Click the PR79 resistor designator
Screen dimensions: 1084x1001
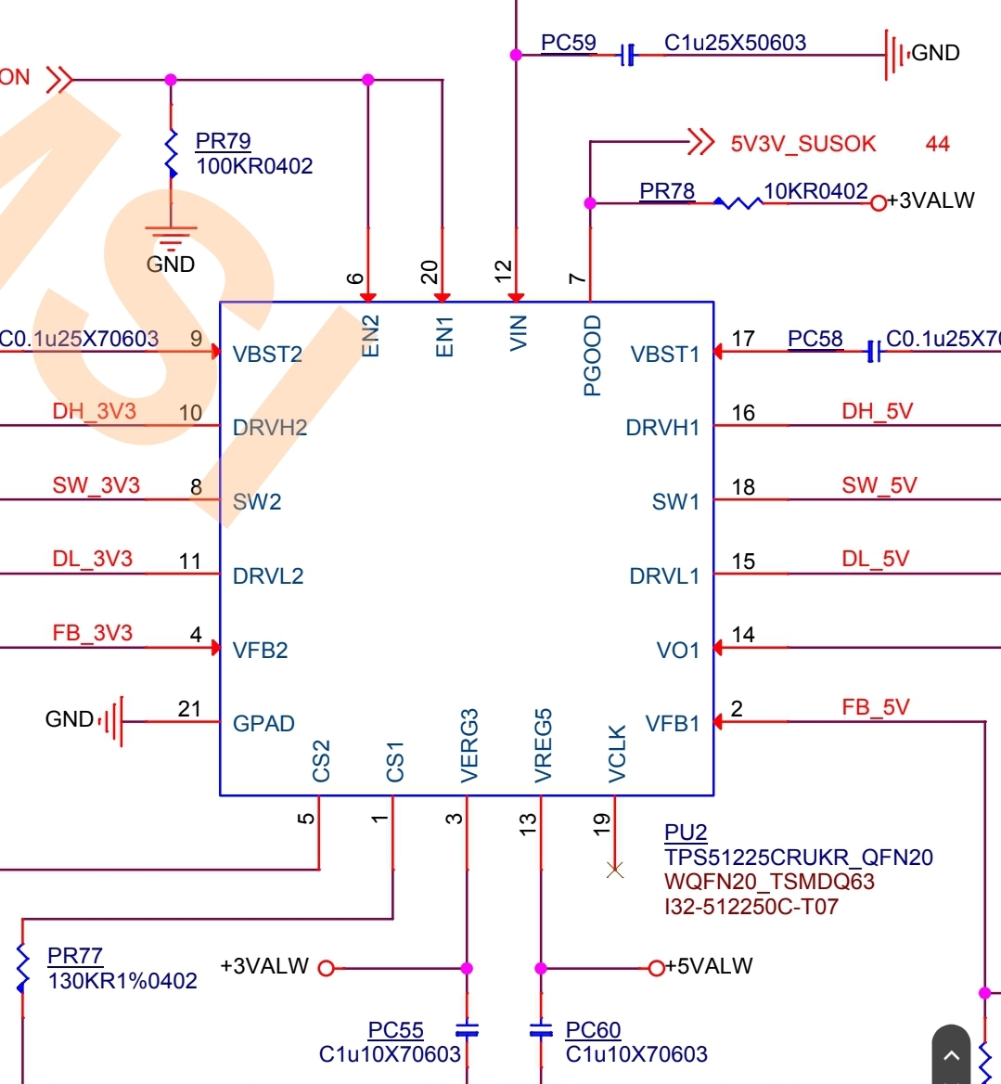tap(223, 141)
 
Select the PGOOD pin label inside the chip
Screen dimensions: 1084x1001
tap(592, 355)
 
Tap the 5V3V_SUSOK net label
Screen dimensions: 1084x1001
tap(802, 144)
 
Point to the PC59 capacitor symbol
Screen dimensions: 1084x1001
tap(628, 56)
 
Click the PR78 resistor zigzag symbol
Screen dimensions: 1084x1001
tap(738, 202)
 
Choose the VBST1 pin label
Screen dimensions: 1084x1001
tap(664, 355)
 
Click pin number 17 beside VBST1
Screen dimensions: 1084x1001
tap(743, 339)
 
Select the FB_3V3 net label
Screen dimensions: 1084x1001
tap(92, 633)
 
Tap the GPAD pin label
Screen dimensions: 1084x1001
tap(263, 723)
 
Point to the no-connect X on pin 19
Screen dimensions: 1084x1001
tap(614, 870)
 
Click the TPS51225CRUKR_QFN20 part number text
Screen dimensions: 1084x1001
tap(798, 858)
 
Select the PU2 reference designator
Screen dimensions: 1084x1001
tap(686, 832)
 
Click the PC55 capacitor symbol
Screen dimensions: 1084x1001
tap(467, 1030)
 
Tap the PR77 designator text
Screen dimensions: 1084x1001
tap(74, 956)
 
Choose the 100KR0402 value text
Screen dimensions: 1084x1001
tap(254, 166)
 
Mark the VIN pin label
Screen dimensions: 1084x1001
tap(519, 332)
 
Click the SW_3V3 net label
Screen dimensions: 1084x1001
tap(96, 485)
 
